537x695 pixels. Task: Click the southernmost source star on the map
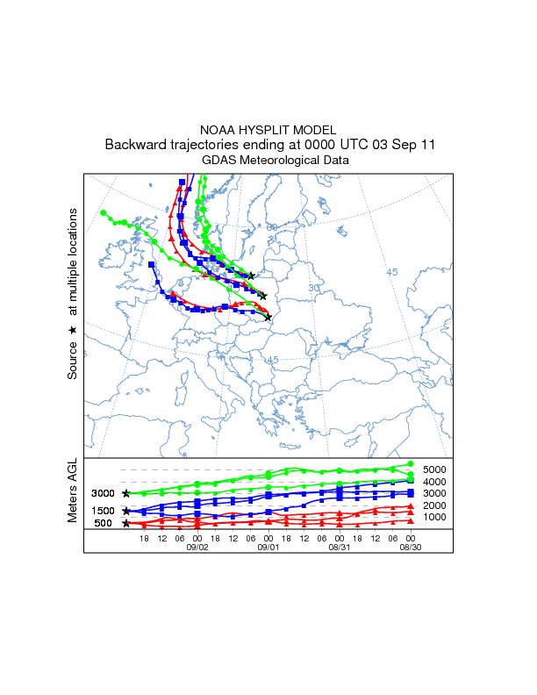pos(268,317)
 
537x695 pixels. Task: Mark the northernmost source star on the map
pos(252,276)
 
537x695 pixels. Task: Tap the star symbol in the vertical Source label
pos(73,329)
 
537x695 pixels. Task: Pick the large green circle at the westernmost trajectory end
pos(104,213)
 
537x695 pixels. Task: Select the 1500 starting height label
pos(104,511)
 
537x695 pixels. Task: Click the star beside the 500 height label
pos(126,524)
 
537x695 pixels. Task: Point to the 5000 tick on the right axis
pos(435,469)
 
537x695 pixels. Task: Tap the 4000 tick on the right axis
pos(435,482)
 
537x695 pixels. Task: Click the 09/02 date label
pos(197,547)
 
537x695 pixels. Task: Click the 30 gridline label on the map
pos(314,288)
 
